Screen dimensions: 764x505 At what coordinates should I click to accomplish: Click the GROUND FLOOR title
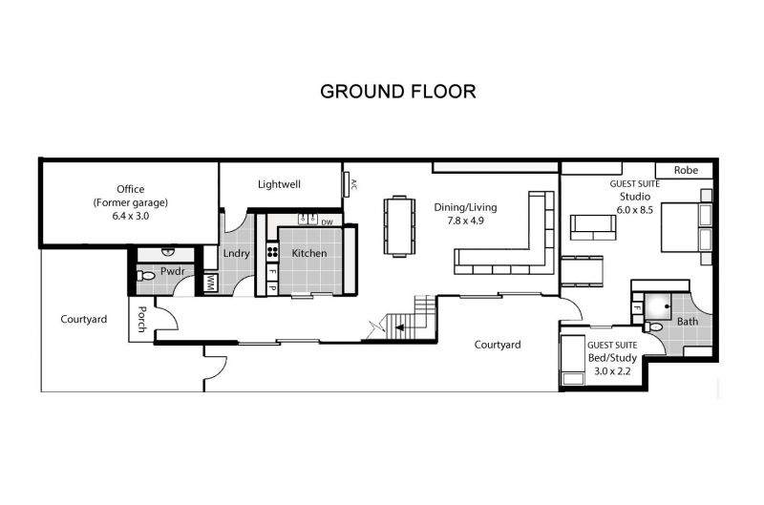397,92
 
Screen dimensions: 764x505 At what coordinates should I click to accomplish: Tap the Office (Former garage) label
131,196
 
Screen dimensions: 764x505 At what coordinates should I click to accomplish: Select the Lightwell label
279,184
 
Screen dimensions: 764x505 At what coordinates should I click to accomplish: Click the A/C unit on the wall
347,184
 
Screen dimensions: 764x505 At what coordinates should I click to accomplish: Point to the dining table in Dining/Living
399,226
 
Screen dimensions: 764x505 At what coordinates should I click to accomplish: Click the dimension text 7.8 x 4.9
465,221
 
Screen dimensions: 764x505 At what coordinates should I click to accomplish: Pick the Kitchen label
309,253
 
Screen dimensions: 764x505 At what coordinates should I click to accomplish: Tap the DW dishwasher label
327,222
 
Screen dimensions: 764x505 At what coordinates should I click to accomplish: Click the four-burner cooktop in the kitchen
272,252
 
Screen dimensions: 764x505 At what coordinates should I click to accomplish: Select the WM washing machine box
210,283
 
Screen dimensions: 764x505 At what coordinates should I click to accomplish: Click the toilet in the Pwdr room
145,276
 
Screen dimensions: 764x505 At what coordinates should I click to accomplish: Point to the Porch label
141,320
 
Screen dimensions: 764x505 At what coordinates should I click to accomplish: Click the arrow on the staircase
399,327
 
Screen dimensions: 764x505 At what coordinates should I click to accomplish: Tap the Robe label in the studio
686,170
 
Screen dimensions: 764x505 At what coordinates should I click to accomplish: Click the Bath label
687,322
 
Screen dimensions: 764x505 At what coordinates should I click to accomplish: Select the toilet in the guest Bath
653,326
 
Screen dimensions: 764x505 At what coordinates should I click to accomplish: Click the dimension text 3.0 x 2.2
612,371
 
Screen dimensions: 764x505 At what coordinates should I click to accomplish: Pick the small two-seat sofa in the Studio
593,227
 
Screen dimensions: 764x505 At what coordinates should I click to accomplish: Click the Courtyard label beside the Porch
84,320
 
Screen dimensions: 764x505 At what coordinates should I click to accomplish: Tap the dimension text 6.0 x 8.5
635,210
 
